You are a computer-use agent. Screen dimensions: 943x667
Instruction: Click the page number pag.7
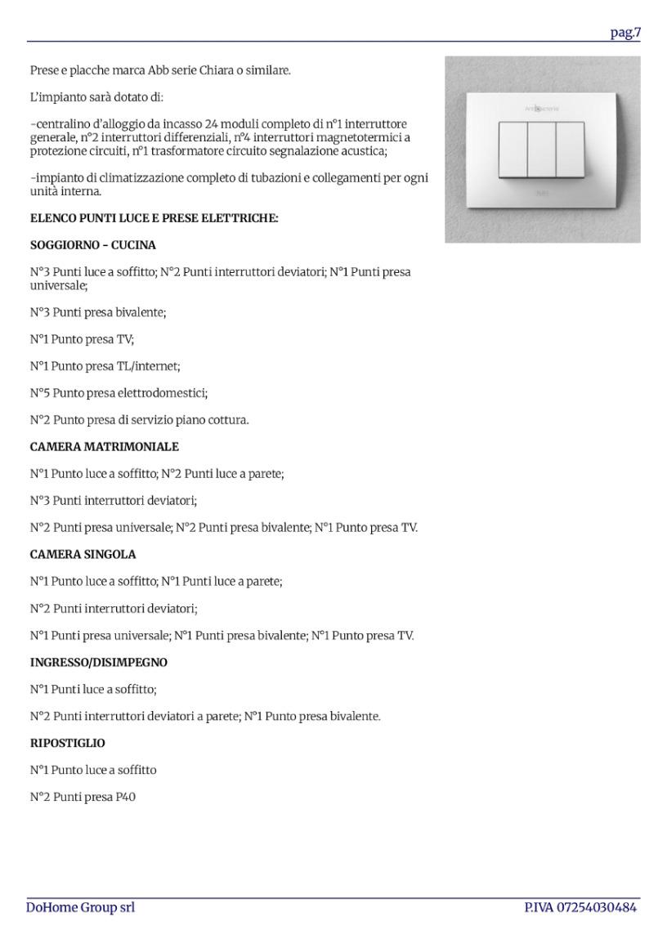(625, 33)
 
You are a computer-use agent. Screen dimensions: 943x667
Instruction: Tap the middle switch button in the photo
(541, 149)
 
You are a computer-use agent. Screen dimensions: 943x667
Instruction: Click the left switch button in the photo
(513, 149)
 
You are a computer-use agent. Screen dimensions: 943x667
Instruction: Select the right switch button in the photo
(570, 149)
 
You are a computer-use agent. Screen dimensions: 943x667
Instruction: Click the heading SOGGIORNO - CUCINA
(93, 245)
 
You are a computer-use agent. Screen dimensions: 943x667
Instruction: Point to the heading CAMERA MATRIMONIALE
(105, 447)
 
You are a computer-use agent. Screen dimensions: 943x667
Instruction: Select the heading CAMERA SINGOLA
(83, 554)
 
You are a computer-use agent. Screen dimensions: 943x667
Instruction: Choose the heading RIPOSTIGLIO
(68, 744)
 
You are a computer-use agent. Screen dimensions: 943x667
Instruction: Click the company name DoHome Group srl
(80, 907)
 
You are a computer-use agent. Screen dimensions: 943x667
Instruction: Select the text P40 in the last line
(125, 797)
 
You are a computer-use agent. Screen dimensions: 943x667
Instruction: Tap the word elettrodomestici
(168, 393)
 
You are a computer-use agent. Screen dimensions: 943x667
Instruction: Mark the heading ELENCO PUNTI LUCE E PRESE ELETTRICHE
(154, 218)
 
